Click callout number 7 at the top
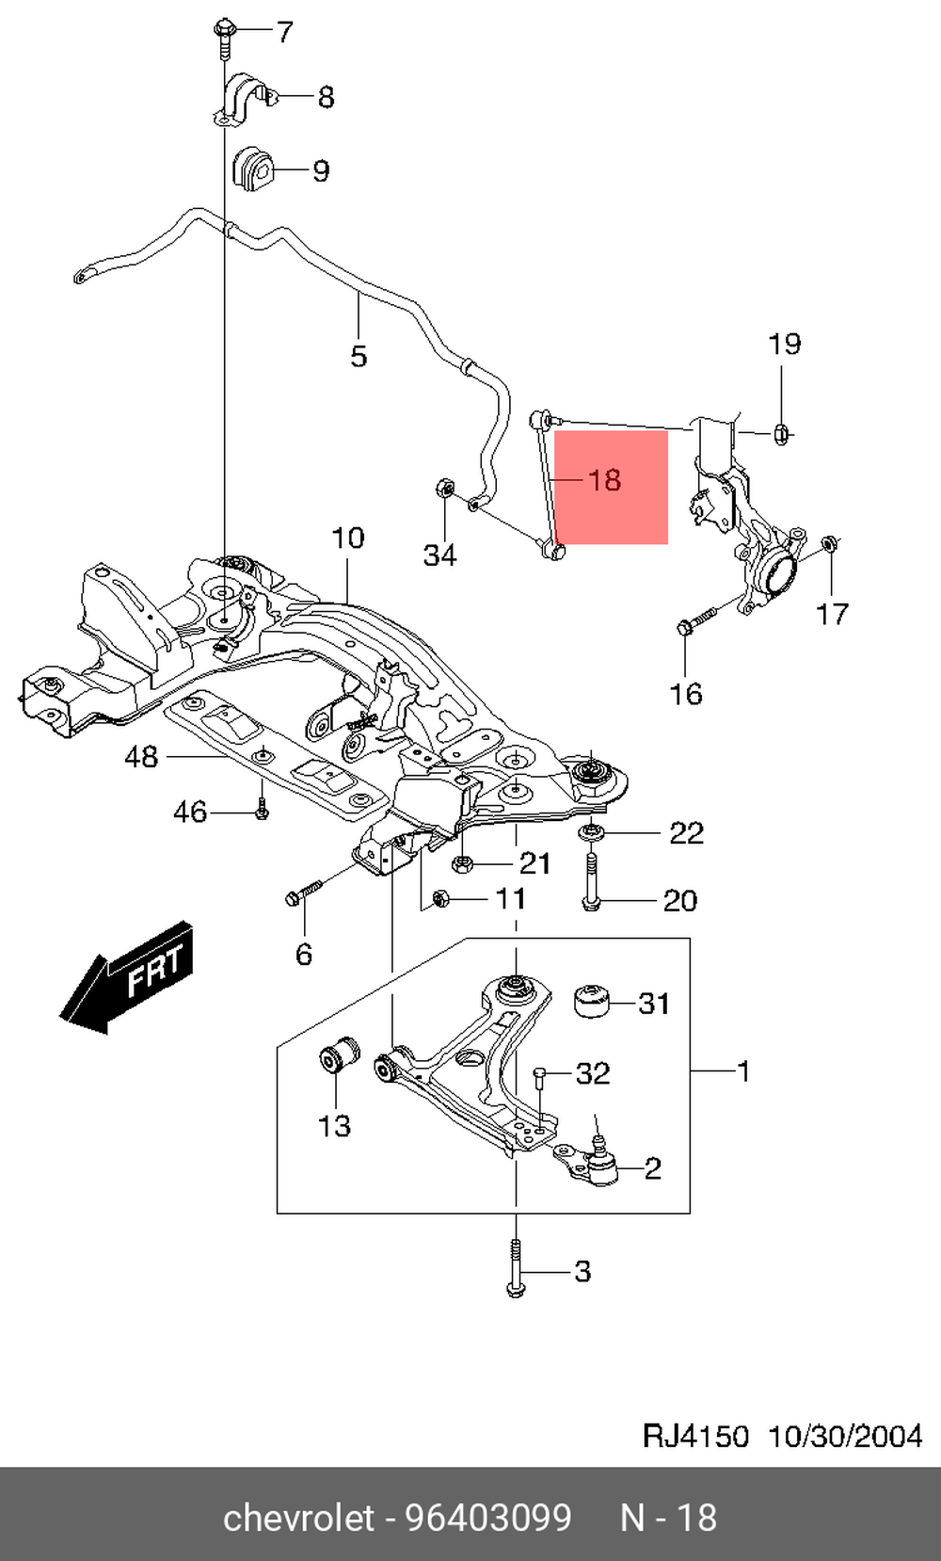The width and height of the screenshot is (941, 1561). pyautogui.click(x=283, y=33)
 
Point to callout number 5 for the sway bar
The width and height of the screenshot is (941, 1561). pyautogui.click(x=359, y=356)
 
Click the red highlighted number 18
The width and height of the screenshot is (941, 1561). pyautogui.click(x=604, y=480)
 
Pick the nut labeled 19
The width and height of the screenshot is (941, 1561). pyautogui.click(x=780, y=433)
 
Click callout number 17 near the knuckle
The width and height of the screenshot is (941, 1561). pyautogui.click(x=832, y=614)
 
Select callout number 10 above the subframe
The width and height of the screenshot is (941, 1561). pyautogui.click(x=347, y=539)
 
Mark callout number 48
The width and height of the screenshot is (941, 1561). pyautogui.click(x=142, y=756)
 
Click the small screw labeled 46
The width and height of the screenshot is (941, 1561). pyautogui.click(x=263, y=809)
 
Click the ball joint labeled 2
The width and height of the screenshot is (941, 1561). pyautogui.click(x=598, y=1166)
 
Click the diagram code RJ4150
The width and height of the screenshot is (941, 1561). pyautogui.click(x=695, y=1436)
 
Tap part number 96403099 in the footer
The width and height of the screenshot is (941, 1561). pyautogui.click(x=487, y=1518)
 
